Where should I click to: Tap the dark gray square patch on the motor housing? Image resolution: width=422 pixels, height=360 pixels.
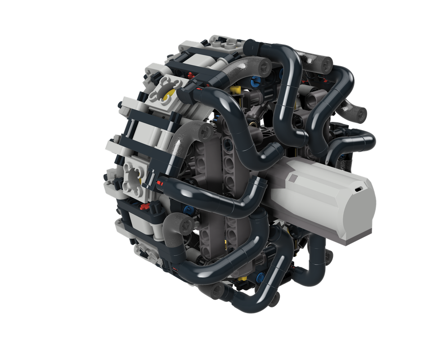(x=293, y=178)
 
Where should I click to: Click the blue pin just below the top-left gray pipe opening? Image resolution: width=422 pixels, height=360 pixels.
(x=256, y=82)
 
